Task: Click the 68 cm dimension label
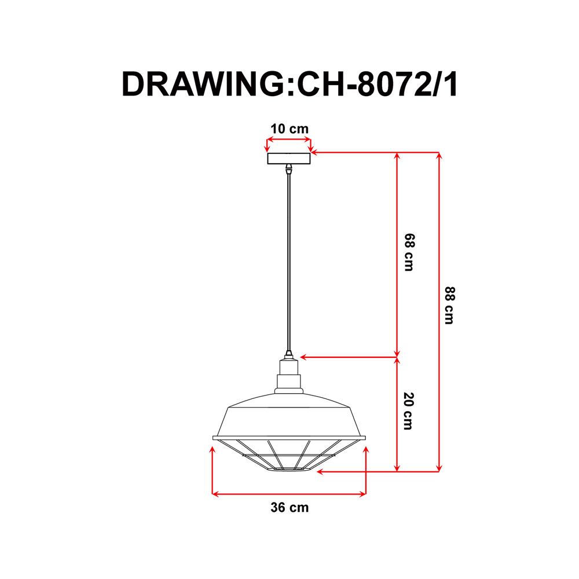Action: (409, 253)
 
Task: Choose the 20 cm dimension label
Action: (409, 411)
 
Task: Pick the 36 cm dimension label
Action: (289, 508)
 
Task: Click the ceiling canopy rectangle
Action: (288, 159)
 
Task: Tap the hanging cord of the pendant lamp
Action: (288, 261)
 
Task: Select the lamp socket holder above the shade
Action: (288, 373)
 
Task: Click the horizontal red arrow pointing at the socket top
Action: (347, 357)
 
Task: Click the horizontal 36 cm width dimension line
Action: (289, 494)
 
